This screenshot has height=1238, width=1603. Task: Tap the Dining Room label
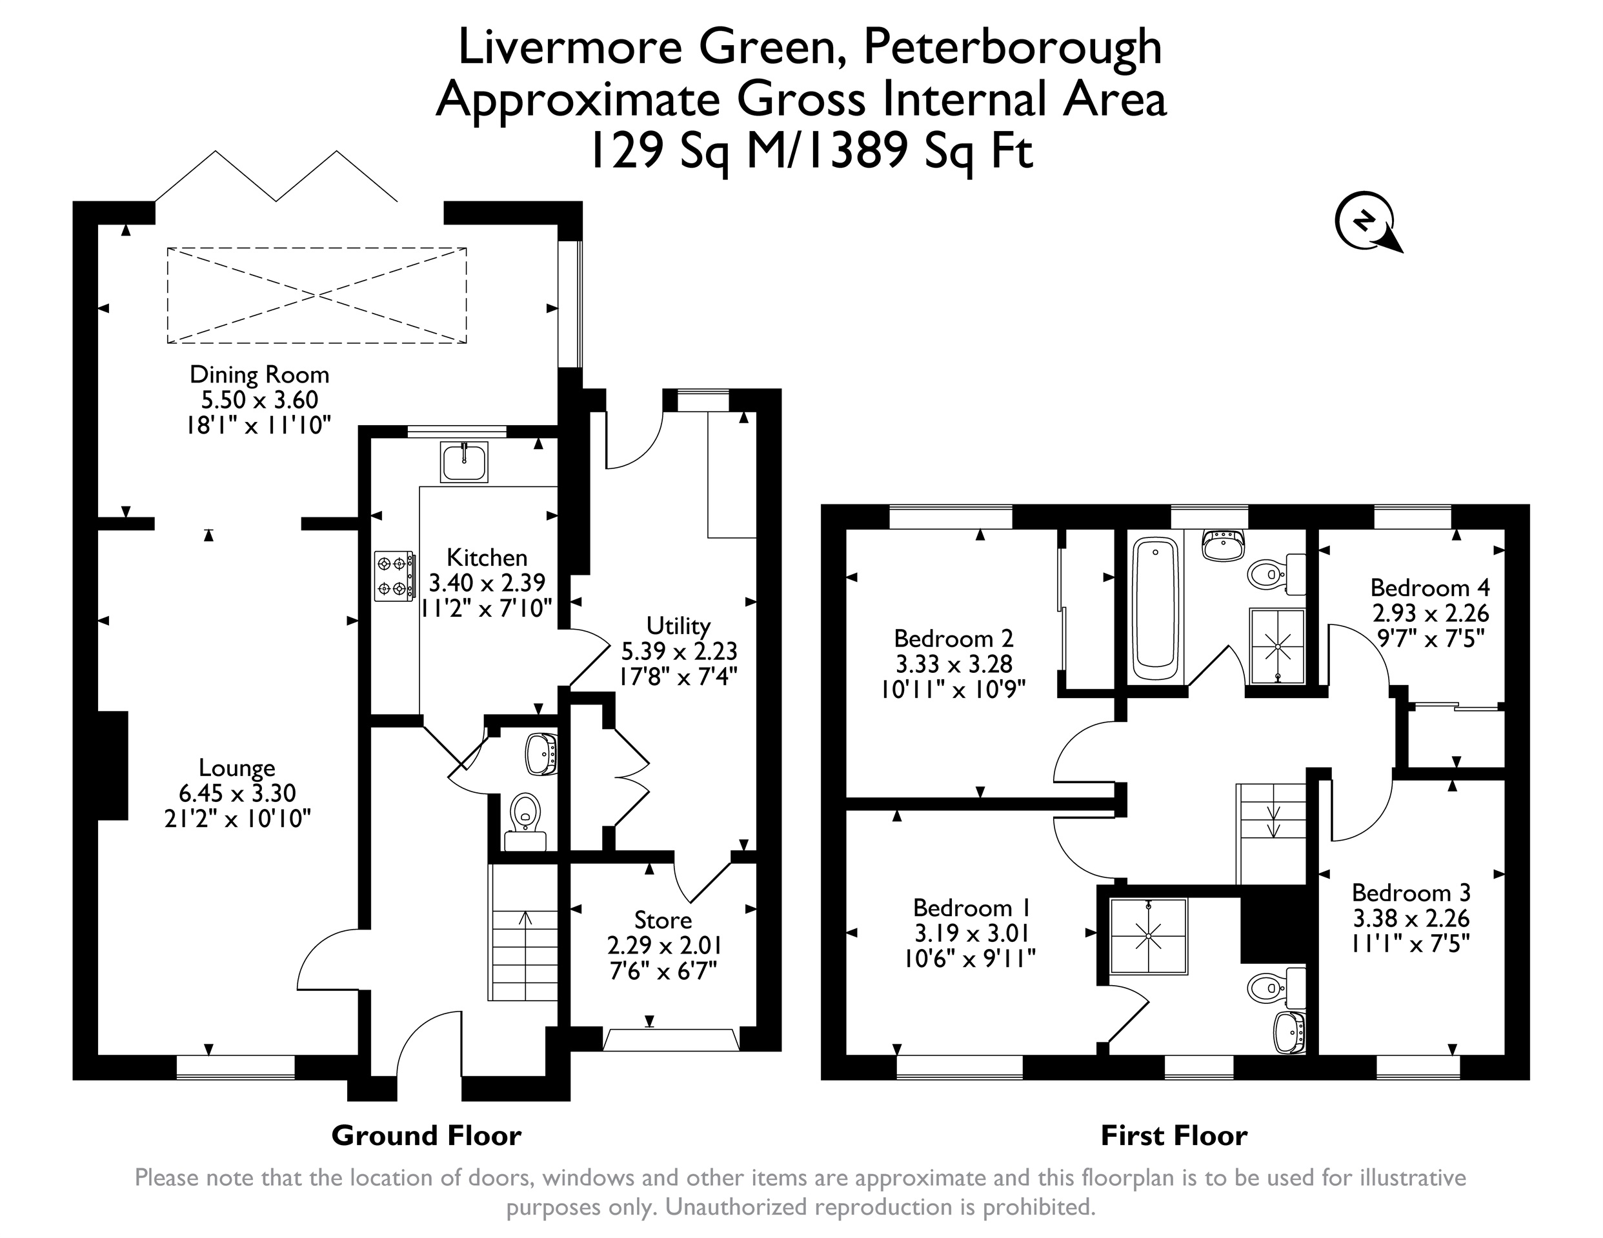259,374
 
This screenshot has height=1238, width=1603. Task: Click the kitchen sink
464,462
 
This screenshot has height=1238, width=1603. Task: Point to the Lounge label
237,768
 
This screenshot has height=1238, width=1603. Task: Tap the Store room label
663,920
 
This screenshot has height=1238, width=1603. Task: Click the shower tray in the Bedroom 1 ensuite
1148,936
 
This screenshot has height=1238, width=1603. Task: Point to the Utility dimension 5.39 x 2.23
679,651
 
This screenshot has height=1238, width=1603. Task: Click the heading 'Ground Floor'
427,1136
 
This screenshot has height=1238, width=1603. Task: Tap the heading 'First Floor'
1174,1136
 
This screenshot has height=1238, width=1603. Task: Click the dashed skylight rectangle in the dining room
316,295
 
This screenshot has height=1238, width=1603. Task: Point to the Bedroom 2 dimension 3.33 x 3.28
953,664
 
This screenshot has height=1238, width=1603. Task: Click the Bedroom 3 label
1411,892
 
